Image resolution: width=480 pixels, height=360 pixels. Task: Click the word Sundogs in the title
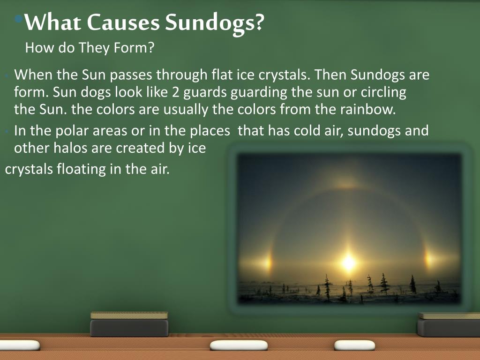coord(213,22)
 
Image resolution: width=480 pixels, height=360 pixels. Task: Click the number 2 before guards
coord(175,92)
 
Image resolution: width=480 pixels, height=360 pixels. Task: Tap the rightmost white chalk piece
coord(354,345)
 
